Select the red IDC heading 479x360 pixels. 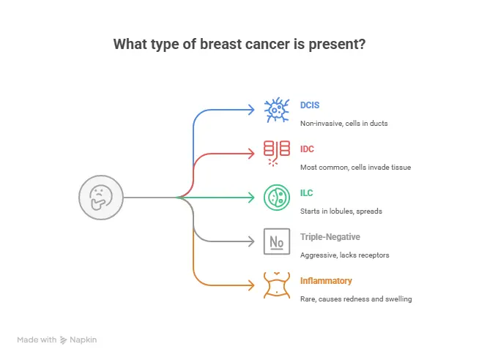308,149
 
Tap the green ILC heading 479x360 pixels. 308,192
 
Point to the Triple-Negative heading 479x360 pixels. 330,236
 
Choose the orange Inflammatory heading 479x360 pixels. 326,280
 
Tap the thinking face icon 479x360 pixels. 100,197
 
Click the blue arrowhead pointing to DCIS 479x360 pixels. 250,110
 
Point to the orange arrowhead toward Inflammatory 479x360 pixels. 250,285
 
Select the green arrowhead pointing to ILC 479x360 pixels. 250,197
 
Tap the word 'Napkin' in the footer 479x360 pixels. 85,340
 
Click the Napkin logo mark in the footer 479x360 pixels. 64,340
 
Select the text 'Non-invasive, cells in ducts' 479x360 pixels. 344,123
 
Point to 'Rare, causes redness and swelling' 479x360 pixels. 355,299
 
